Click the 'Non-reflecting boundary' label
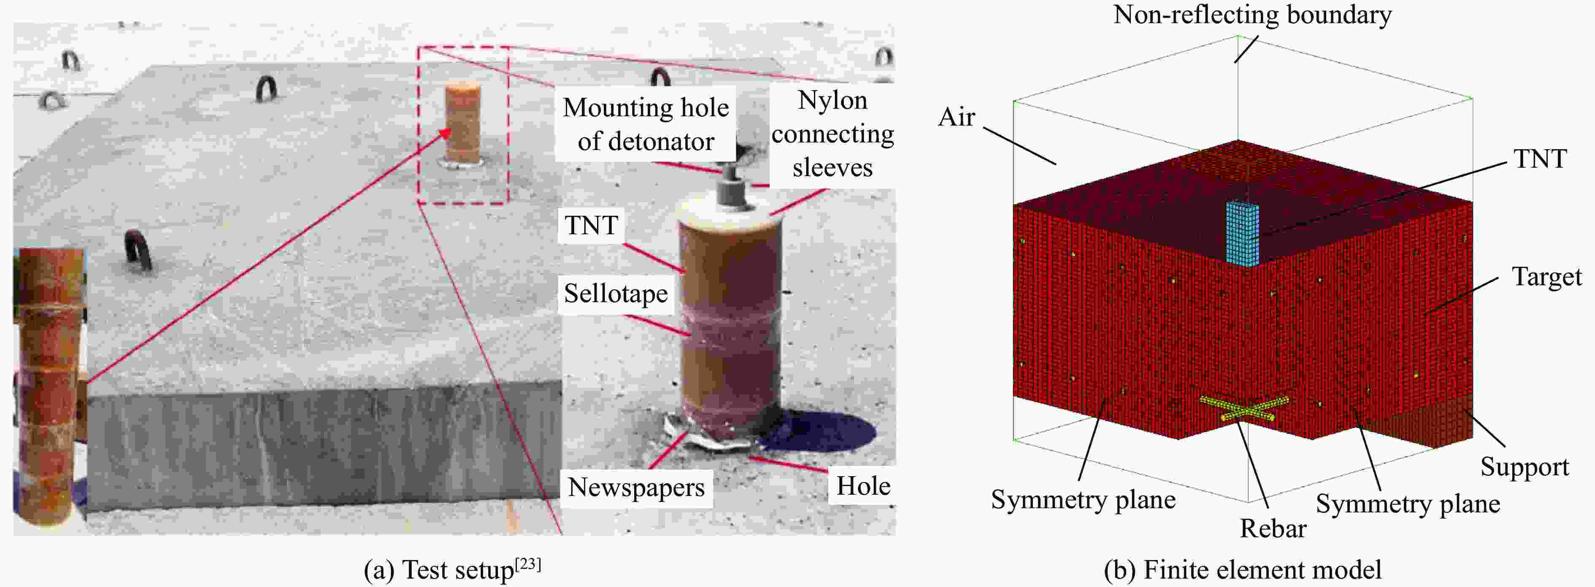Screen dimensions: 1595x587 click(x=1252, y=15)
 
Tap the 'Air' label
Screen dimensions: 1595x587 click(x=957, y=116)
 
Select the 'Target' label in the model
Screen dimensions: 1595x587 click(x=1547, y=276)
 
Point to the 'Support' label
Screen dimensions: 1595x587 click(x=1525, y=467)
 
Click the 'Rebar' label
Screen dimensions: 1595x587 click(x=1273, y=528)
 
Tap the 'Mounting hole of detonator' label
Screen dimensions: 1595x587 click(x=646, y=124)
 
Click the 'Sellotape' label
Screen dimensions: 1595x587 click(x=616, y=293)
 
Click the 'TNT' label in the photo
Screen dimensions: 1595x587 click(x=591, y=225)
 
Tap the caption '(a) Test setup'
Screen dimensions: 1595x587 click(x=452, y=569)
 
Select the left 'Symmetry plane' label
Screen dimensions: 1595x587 click(x=1083, y=499)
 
